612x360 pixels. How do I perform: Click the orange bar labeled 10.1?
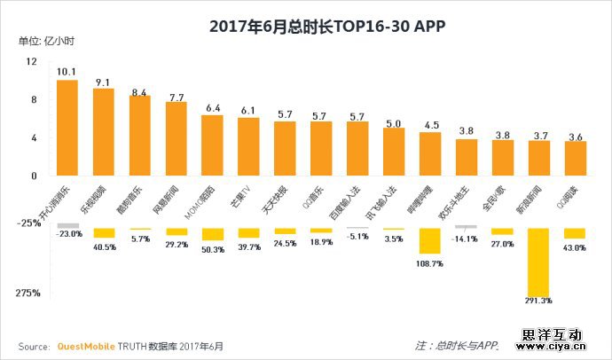(67, 127)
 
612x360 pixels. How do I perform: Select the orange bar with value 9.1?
(104, 131)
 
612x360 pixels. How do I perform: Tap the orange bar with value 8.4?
(140, 135)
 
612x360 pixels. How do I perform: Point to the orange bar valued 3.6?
(575, 158)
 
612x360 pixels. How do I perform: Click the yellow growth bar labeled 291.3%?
(538, 262)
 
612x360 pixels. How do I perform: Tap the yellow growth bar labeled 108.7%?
(430, 240)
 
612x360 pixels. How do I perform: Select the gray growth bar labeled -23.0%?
(67, 225)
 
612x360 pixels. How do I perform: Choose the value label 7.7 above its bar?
(177, 97)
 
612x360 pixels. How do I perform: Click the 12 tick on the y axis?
(32, 61)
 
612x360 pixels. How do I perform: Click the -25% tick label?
(29, 223)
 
